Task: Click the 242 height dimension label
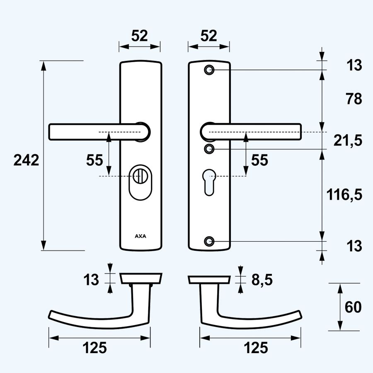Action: pyautogui.click(x=26, y=160)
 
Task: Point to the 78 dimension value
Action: pyautogui.click(x=353, y=99)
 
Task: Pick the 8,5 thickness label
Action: pyautogui.click(x=262, y=280)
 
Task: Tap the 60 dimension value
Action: pyautogui.click(x=353, y=307)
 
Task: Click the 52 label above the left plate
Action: pyautogui.click(x=139, y=36)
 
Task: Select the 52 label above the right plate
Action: pyautogui.click(x=208, y=36)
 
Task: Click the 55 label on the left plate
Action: pyautogui.click(x=94, y=160)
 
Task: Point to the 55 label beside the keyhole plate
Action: pyautogui.click(x=260, y=160)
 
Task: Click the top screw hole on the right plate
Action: pyautogui.click(x=210, y=70)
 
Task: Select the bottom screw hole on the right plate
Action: pyautogui.click(x=210, y=241)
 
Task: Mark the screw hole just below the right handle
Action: pyautogui.click(x=210, y=148)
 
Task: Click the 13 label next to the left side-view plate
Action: pyautogui.click(x=92, y=280)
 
